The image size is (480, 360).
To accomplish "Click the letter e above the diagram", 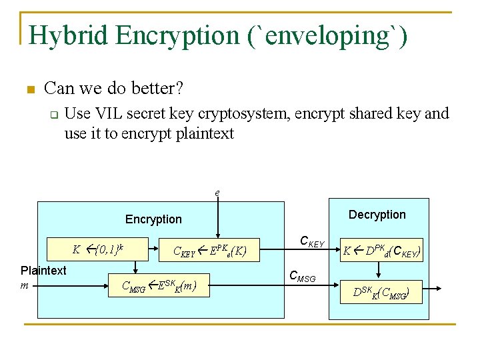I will (217, 193).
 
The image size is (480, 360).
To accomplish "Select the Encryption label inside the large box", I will (153, 219).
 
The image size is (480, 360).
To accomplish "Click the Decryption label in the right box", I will (377, 215).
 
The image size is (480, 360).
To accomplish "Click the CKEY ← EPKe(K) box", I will (210, 251).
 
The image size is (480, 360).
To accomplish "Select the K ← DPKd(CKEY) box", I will (381, 251).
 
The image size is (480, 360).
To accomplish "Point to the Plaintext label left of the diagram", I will (43, 271).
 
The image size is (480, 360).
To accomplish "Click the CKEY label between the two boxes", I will (311, 241).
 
